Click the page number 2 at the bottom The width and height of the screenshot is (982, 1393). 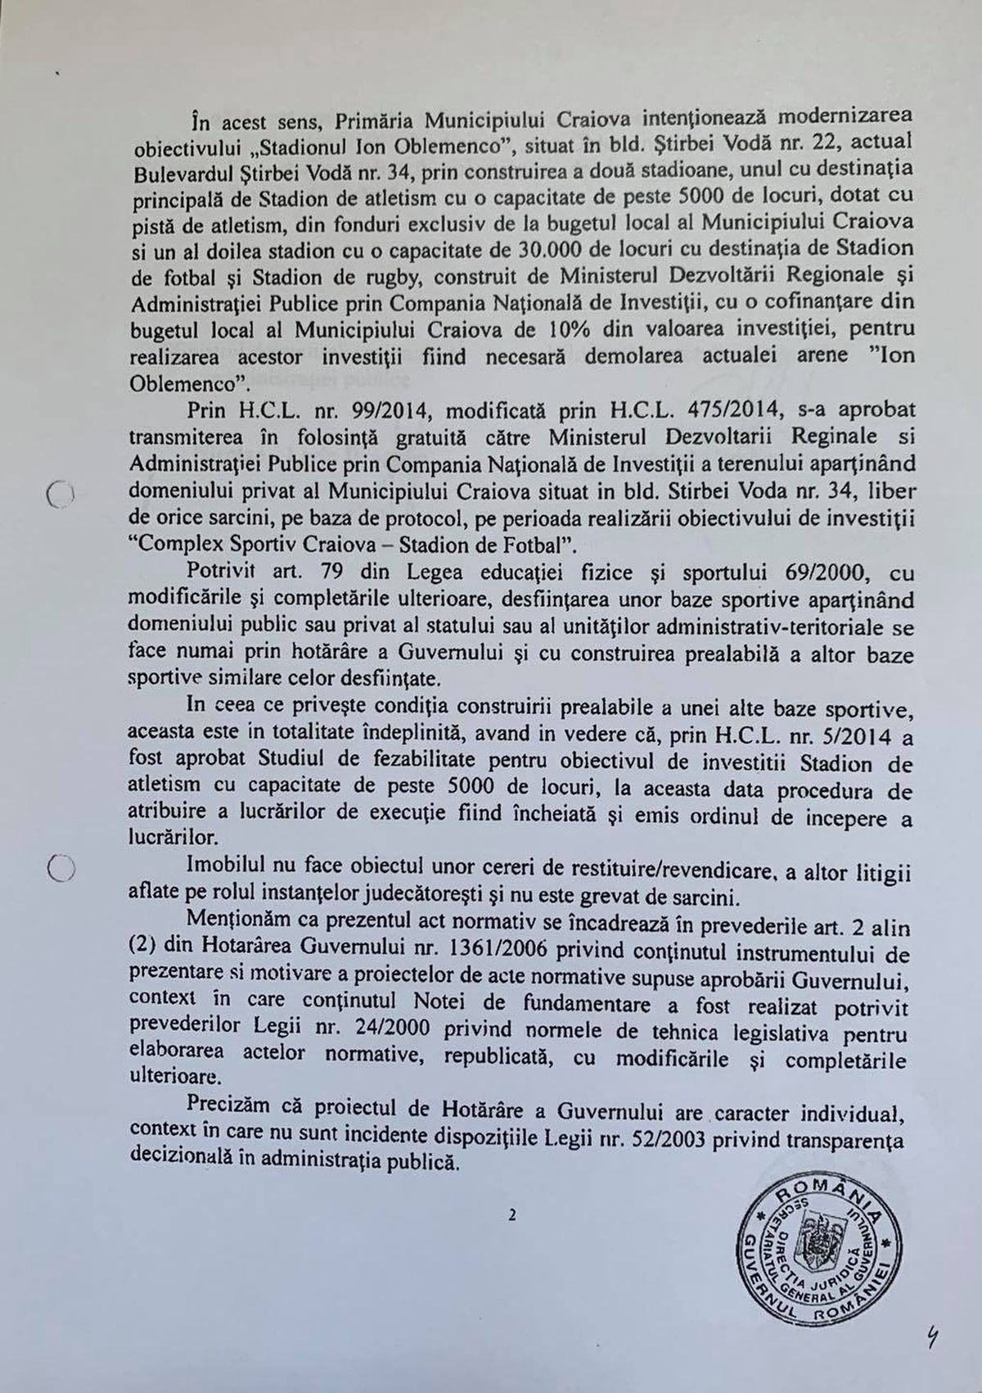[x=512, y=1216]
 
